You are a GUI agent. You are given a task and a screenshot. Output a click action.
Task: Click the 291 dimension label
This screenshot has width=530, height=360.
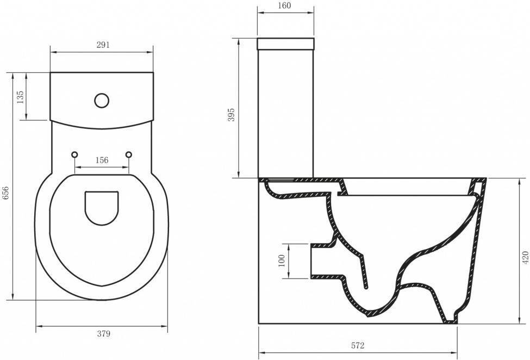(103, 45)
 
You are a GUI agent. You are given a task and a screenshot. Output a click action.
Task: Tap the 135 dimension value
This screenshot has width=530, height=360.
(20, 97)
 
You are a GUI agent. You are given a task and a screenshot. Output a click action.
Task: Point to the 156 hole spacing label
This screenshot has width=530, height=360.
(102, 160)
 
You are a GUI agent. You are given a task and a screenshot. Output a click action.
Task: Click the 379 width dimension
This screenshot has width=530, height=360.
(104, 334)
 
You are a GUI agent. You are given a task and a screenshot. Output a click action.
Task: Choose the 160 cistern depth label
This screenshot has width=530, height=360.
(284, 6)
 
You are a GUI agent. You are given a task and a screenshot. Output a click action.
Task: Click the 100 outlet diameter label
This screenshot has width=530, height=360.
(282, 260)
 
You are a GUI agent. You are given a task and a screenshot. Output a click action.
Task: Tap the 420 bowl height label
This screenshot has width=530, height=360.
(525, 258)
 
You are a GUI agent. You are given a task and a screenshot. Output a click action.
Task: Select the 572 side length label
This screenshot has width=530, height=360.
(358, 345)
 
